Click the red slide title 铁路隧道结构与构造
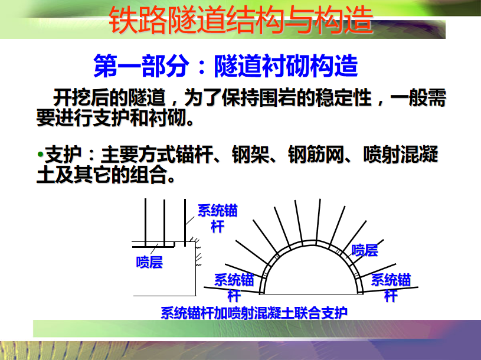(241, 20)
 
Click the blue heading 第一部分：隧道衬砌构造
(225, 66)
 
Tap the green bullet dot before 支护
(40, 154)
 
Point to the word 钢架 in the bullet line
(250, 154)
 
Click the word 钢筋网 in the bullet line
(316, 154)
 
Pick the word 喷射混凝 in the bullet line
(401, 154)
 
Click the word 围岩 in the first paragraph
(278, 98)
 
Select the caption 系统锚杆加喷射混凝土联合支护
(254, 313)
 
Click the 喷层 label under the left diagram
(149, 263)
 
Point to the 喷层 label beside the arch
(365, 250)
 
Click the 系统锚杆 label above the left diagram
(218, 218)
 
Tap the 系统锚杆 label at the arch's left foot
(234, 287)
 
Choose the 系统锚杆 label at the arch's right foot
(391, 287)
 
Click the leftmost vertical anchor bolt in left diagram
(145, 222)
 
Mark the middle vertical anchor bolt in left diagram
(165, 223)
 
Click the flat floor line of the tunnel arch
(312, 294)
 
